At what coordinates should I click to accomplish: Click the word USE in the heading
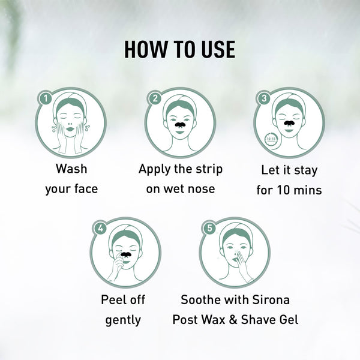pyautogui.click(x=218, y=49)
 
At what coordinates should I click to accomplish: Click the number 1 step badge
pyautogui.click(x=46, y=98)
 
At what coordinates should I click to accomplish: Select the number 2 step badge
pyautogui.click(x=155, y=98)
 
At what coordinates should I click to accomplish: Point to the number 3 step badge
pyautogui.click(x=265, y=98)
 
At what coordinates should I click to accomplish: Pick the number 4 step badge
pyautogui.click(x=101, y=228)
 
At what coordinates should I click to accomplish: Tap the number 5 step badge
pyautogui.click(x=209, y=228)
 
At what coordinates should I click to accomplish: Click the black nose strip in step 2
pyautogui.click(x=180, y=124)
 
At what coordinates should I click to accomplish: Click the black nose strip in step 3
pyautogui.click(x=289, y=123)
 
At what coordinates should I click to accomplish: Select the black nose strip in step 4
pyautogui.click(x=126, y=254)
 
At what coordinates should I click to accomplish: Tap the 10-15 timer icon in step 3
pyautogui.click(x=271, y=139)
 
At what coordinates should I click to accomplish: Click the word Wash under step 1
pyautogui.click(x=71, y=169)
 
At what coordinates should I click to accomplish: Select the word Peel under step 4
pyautogui.click(x=110, y=299)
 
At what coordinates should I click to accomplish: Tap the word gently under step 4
pyautogui.click(x=123, y=320)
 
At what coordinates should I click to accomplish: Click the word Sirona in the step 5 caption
pyautogui.click(x=271, y=299)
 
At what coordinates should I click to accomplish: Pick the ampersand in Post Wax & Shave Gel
pyautogui.click(x=233, y=320)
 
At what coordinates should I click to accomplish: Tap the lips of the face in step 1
pyautogui.click(x=70, y=129)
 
